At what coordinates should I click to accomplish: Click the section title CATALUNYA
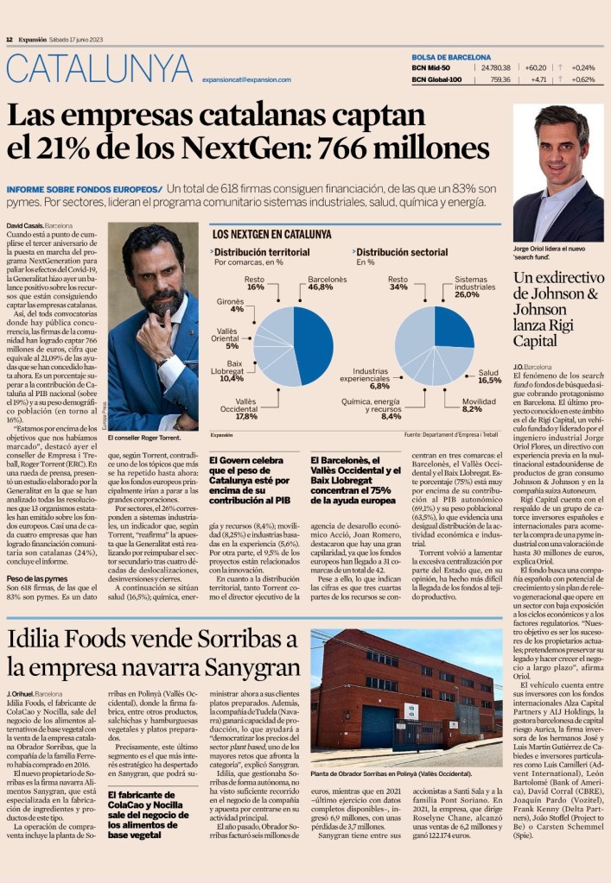pos(99,70)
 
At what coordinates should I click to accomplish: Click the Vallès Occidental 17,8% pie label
pos(246,408)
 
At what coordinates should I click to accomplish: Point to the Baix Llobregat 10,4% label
pos(231,374)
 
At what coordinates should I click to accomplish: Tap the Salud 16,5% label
pos(489,376)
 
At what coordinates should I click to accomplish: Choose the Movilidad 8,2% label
pos(479,404)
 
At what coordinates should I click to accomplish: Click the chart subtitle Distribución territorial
pos(262,252)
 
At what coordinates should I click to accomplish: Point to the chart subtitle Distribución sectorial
pos(399,252)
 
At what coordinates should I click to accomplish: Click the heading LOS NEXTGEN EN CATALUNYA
pos(271,234)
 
